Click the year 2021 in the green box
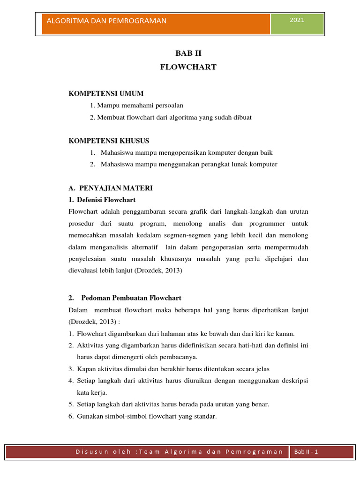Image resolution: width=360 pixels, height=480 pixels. coord(297,20)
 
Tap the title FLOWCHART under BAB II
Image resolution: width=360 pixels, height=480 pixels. coord(188,67)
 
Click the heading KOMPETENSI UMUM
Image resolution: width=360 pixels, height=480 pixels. coord(106,94)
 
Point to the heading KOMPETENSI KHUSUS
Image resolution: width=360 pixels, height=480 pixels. coord(109,141)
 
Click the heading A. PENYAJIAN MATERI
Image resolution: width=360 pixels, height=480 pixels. coord(111,188)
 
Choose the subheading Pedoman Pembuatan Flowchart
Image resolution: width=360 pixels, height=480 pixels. coord(131,298)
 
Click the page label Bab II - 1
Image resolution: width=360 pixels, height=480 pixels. coord(306,452)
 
